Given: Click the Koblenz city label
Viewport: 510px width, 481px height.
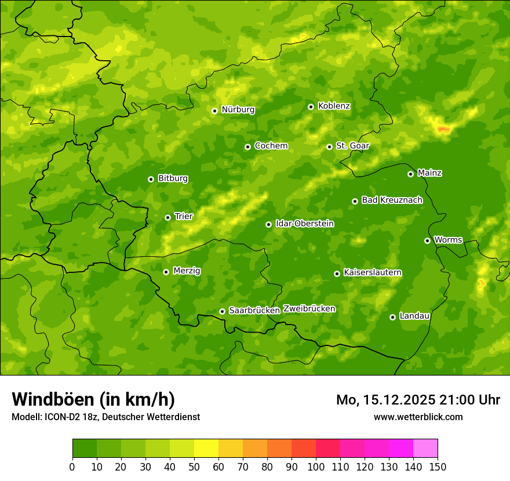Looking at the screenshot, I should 334,106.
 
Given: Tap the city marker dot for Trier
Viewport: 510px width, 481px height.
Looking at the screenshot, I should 167,217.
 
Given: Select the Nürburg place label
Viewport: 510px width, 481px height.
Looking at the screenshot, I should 238,110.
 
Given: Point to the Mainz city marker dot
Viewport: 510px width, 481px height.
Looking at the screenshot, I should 410,174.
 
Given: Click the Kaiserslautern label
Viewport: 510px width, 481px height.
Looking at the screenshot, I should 373,272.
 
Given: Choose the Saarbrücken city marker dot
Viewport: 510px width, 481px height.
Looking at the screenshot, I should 222,311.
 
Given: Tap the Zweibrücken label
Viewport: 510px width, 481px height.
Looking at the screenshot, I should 309,309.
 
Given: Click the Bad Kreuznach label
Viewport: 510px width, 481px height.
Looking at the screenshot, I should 392,200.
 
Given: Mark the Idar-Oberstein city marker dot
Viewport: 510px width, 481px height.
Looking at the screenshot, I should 268,224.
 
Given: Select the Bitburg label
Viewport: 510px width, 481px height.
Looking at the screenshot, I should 173,178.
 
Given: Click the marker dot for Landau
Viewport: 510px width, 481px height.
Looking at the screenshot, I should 392,317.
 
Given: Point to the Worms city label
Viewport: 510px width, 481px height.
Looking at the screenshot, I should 448,240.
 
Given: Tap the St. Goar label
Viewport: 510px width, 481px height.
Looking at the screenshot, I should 352,146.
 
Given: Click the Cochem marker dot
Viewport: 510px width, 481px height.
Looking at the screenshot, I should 247,147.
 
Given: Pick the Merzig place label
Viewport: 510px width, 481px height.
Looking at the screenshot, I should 187,271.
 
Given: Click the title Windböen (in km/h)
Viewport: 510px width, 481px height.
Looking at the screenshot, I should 93,399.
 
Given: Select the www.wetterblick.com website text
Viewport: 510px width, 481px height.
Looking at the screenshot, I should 418,417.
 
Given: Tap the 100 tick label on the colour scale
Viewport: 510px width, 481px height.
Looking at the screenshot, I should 316,466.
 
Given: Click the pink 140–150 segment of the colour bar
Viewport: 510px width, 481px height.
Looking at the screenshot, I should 425,449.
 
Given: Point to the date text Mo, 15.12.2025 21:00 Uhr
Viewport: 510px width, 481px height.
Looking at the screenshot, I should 418,400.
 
